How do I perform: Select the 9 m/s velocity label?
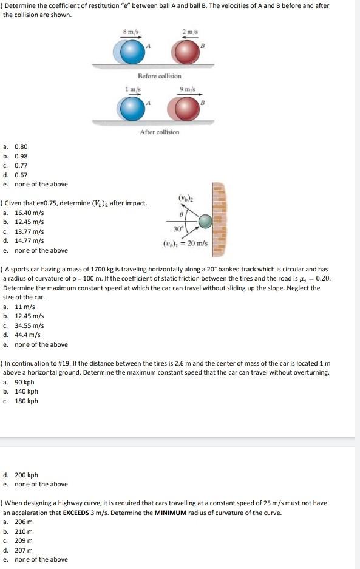[187, 90]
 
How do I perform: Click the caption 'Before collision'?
[159, 76]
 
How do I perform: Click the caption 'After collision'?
[159, 132]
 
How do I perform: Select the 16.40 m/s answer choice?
[29, 213]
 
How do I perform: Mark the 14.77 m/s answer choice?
[29, 241]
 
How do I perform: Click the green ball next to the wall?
[207, 221]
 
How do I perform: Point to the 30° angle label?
[178, 230]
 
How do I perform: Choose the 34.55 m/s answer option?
[29, 325]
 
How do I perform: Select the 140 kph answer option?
[25, 392]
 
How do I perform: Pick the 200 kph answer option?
[25, 475]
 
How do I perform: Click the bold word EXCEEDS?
[78, 513]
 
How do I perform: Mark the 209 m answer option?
[23, 540]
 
